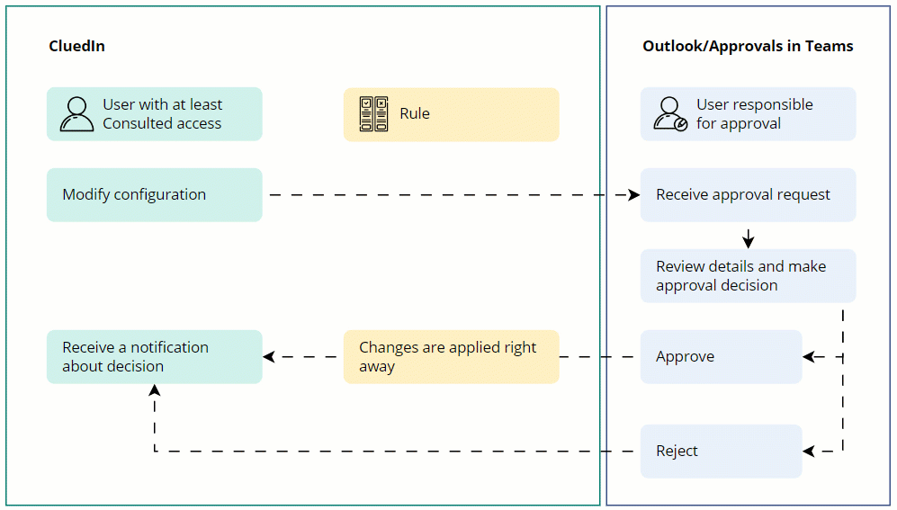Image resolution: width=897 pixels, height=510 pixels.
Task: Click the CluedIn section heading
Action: pyautogui.click(x=76, y=47)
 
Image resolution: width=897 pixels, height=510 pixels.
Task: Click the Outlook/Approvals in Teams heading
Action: pyautogui.click(x=748, y=47)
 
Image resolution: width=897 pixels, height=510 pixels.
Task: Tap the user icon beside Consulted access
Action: pyautogui.click(x=76, y=114)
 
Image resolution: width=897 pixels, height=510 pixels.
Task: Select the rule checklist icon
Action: pyautogui.click(x=373, y=114)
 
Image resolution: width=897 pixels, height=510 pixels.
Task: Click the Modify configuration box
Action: pyautogui.click(x=154, y=194)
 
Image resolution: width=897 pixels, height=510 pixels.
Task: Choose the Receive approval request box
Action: pyautogui.click(x=748, y=194)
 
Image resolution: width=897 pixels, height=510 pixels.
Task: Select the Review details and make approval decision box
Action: pyautogui.click(x=748, y=275)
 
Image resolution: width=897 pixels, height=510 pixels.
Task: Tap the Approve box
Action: pyautogui.click(x=721, y=356)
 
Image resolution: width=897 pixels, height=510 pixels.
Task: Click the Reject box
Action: pyautogui.click(x=721, y=451)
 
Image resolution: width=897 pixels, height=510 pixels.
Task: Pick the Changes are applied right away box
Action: pyautogui.click(x=451, y=356)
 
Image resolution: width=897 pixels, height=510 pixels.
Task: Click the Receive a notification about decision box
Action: pyautogui.click(x=154, y=356)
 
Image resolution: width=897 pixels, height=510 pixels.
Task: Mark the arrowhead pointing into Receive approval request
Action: pyautogui.click(x=633, y=194)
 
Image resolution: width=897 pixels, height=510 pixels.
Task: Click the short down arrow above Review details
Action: pyautogui.click(x=749, y=239)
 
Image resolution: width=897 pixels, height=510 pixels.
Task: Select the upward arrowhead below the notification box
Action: pyautogui.click(x=155, y=390)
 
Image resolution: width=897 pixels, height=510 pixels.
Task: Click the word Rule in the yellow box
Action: pyautogui.click(x=415, y=114)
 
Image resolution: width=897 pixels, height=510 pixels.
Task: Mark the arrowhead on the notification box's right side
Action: pyautogui.click(x=269, y=357)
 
